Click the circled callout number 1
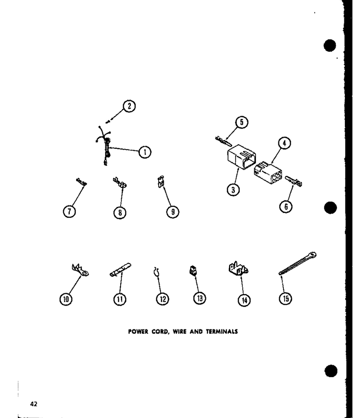(x=145, y=152)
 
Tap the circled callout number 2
(x=129, y=106)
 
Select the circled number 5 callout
(x=241, y=123)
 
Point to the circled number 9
(x=173, y=212)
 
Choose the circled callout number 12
(x=162, y=299)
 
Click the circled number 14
(x=244, y=301)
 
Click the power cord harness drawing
(x=104, y=146)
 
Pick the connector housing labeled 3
(x=241, y=157)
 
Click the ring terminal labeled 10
(x=80, y=270)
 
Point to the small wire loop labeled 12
(x=156, y=272)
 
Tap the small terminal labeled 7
(x=82, y=182)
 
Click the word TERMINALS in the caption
(x=222, y=332)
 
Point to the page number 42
(x=33, y=404)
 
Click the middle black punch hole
(x=331, y=208)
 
